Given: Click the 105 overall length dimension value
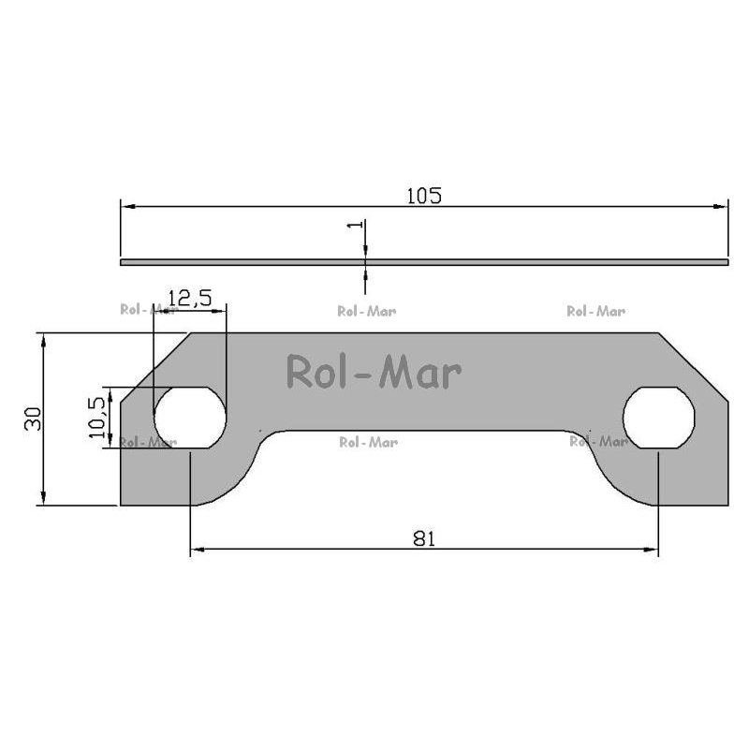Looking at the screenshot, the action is click(424, 196).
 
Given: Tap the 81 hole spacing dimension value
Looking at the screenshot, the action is click(424, 539).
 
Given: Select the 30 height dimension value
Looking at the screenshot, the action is click(34, 419).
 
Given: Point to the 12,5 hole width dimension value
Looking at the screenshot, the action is click(190, 299).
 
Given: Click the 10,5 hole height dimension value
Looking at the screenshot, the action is click(97, 417).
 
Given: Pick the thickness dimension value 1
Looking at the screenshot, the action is click(355, 224).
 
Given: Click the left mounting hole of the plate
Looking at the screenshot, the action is click(190, 418).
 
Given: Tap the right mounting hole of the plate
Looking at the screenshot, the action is click(659, 418).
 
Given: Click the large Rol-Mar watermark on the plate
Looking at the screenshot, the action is click(374, 372).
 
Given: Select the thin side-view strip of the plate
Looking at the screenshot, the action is click(424, 262).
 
